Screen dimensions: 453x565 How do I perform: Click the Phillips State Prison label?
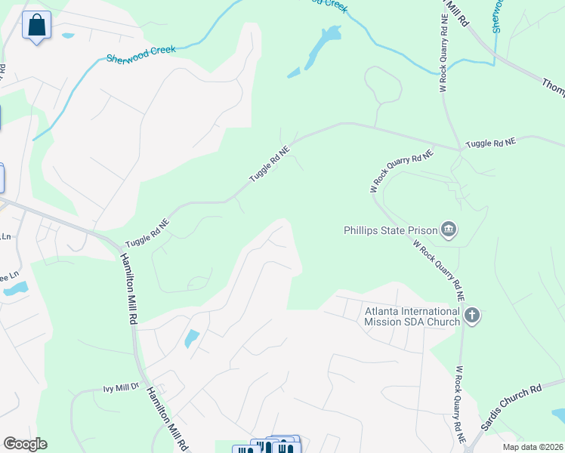point(391,230)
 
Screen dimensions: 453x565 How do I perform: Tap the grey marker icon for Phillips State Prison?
point(449,230)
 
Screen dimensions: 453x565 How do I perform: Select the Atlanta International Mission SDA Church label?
point(412,316)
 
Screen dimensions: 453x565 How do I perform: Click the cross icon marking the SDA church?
point(472,315)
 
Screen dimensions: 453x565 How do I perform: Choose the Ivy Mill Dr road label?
point(122,387)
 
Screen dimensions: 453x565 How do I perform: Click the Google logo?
point(25,444)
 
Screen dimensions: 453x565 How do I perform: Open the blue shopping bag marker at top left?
point(36,27)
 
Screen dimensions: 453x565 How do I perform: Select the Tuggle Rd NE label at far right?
point(490,142)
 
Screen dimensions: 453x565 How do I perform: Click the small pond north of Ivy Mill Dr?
point(192,339)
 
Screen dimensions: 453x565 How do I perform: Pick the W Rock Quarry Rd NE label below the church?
point(459,403)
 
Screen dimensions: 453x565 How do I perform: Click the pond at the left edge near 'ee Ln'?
point(15,288)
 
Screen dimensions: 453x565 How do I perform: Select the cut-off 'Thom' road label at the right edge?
point(553,85)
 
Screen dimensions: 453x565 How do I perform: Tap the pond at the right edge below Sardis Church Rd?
point(560,415)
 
